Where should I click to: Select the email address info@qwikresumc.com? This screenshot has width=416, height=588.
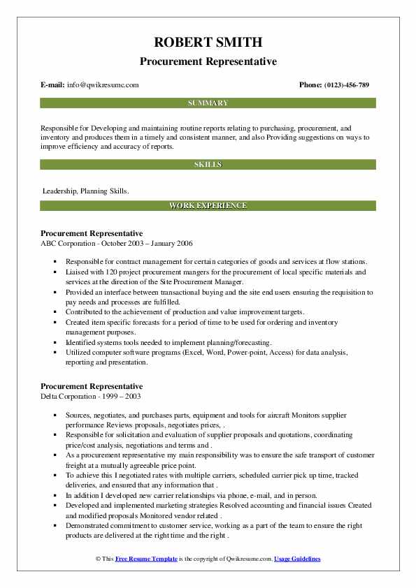tap(103, 85)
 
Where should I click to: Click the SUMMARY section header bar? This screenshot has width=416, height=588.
tap(208, 103)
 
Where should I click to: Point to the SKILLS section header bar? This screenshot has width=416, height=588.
tap(208, 165)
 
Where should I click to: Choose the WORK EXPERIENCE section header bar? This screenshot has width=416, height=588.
tap(208, 206)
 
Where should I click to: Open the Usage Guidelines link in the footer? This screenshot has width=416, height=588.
tap(297, 559)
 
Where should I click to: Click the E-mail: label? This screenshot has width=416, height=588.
tap(53, 85)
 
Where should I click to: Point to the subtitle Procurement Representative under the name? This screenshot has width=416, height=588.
tap(208, 61)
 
